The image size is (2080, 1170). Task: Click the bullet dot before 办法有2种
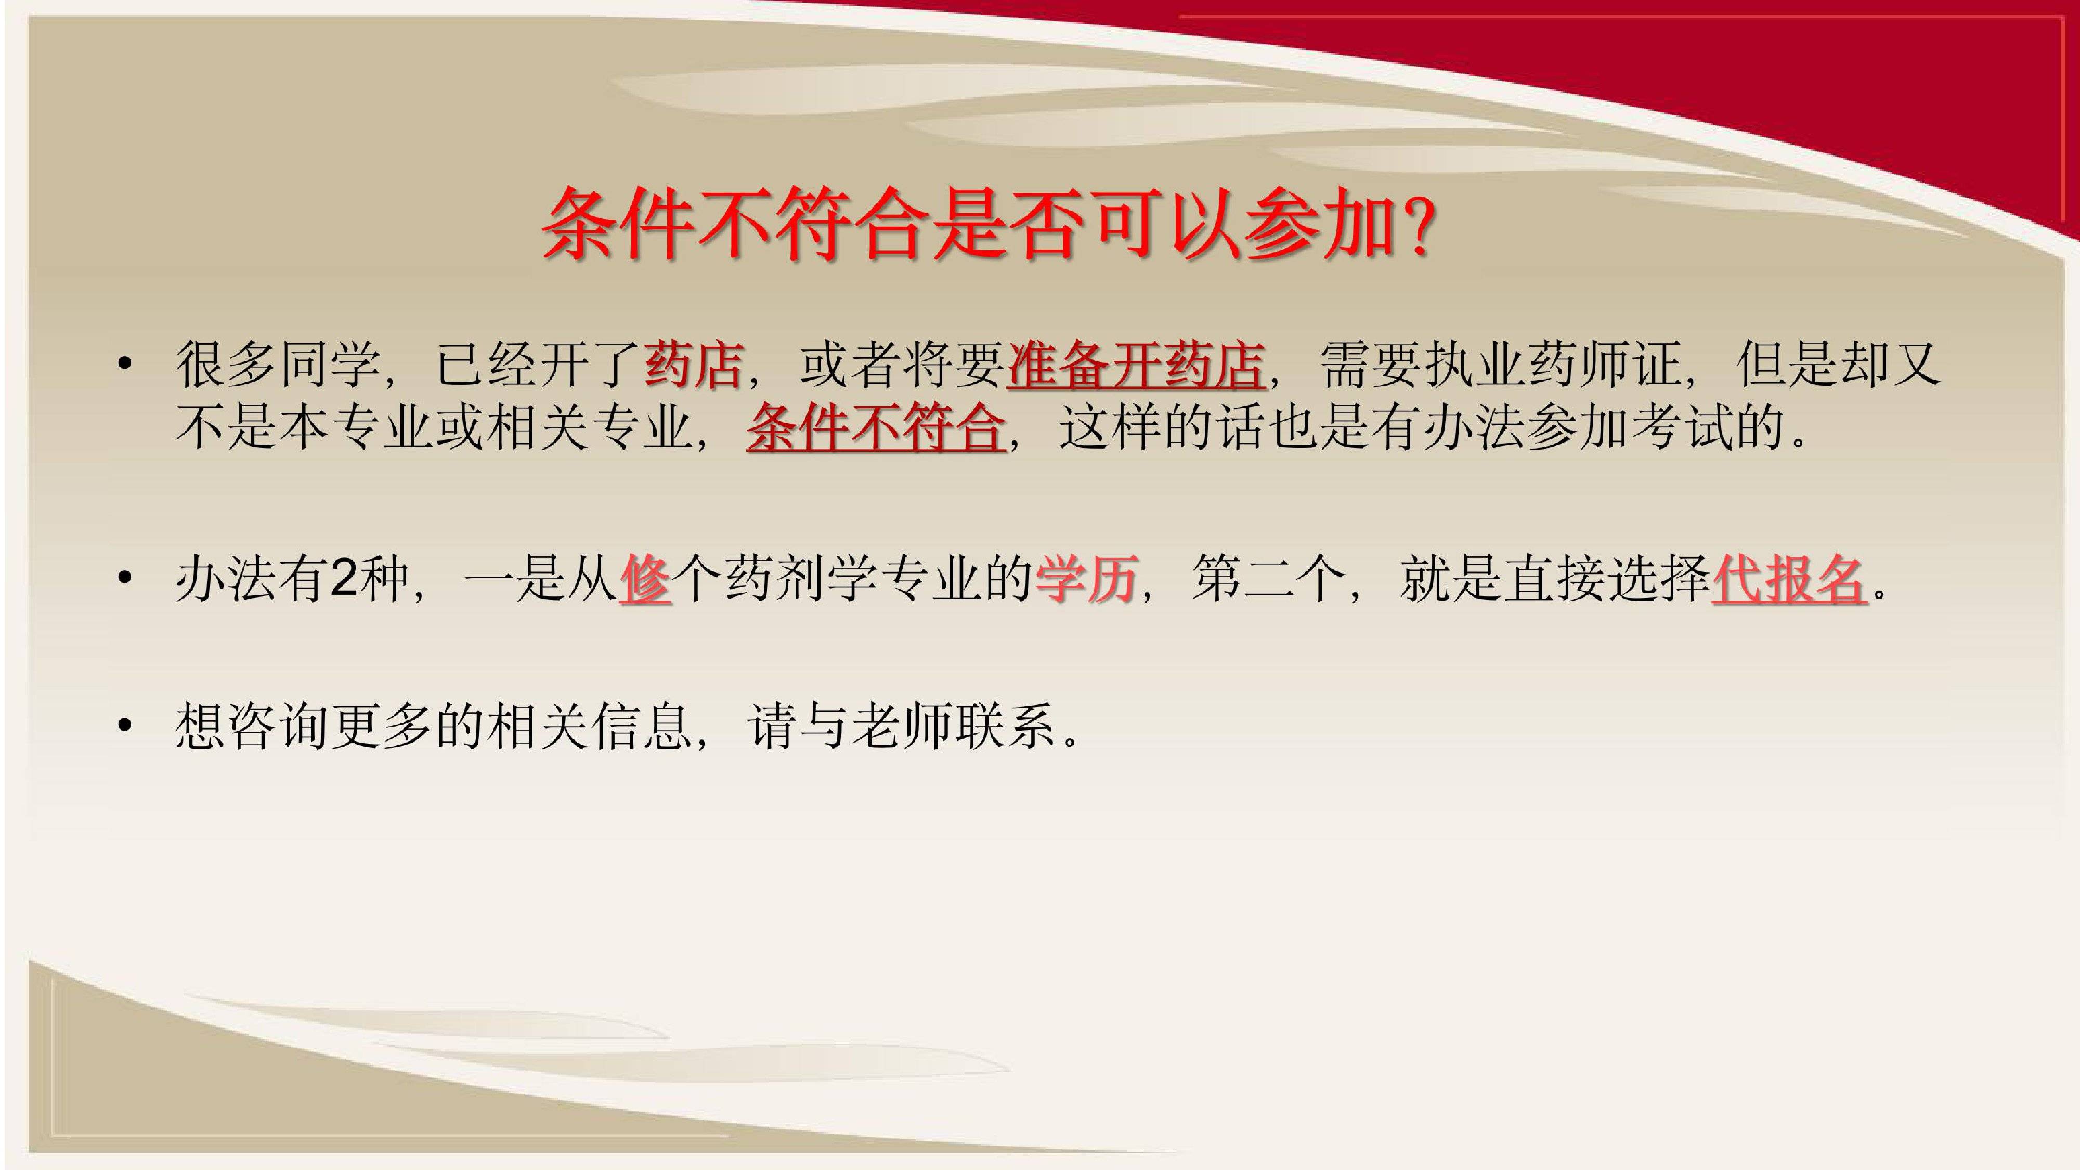pos(124,578)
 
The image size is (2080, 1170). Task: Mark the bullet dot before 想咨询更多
pos(124,725)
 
